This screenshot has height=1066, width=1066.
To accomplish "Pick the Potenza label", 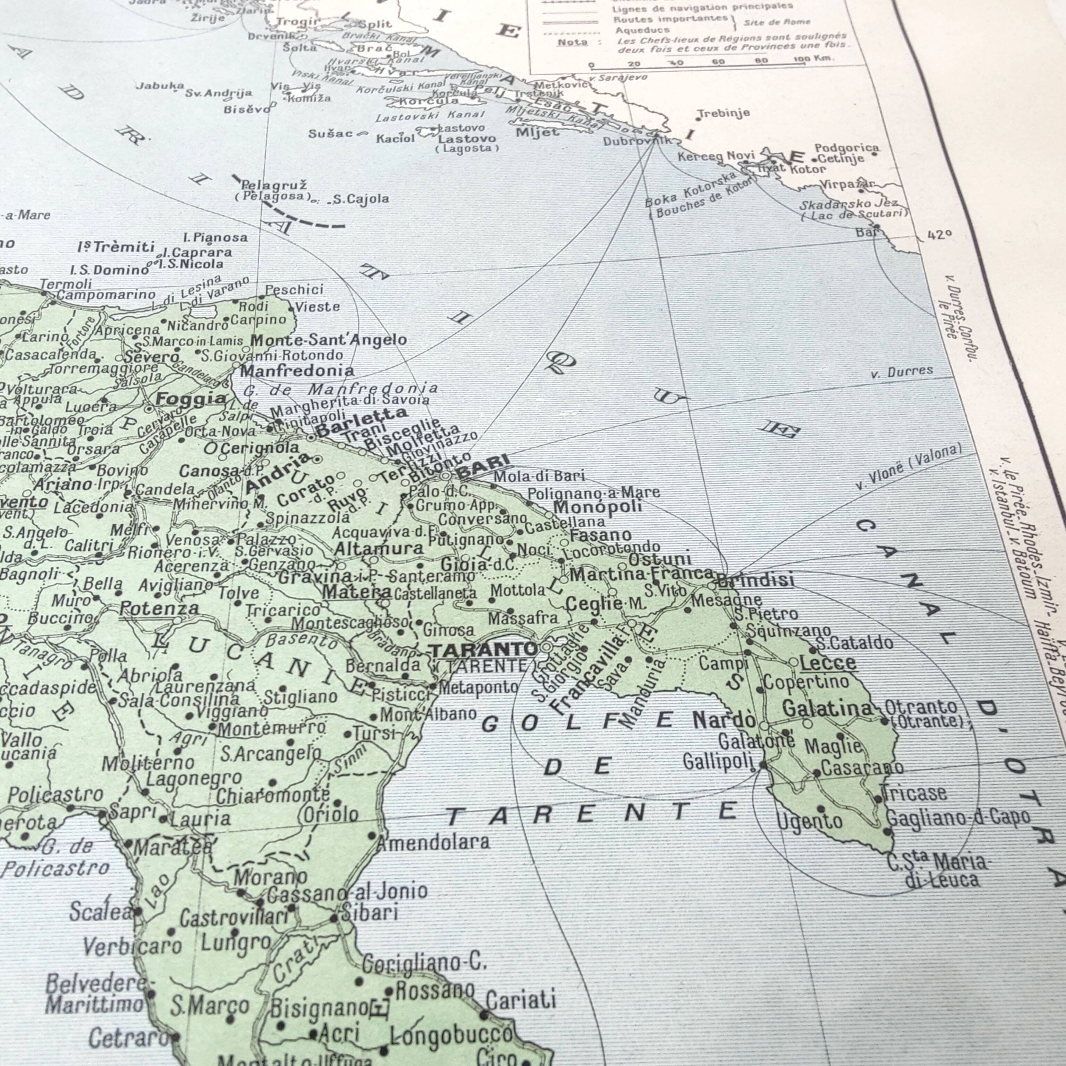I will (159, 609).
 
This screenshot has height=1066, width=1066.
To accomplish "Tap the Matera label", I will (356, 592).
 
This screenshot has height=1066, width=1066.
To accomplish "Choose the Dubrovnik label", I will (635, 141).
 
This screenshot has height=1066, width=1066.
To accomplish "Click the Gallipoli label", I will (717, 762).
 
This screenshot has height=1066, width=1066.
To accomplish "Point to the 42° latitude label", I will (940, 235).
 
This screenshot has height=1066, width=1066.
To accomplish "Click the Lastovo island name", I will (467, 138).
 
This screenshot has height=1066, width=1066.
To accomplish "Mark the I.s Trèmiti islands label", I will (116, 247).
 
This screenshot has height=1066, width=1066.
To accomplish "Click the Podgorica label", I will (847, 148).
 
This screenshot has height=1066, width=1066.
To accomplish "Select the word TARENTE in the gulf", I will (590, 813).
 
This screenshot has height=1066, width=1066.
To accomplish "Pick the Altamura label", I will (379, 549).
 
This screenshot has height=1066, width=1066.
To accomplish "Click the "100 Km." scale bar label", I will (814, 58).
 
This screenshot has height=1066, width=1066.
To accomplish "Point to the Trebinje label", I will (724, 113).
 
